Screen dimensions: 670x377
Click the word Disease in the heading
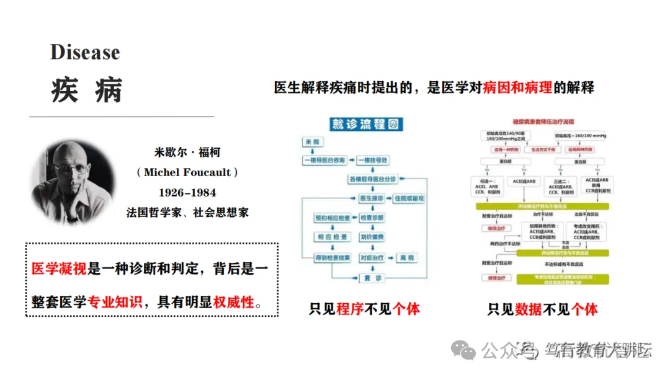(x=85, y=53)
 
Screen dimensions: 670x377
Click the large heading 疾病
(x=86, y=90)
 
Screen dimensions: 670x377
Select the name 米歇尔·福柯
(x=187, y=153)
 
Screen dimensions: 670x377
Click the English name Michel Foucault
(x=187, y=172)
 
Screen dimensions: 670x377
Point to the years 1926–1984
(x=187, y=192)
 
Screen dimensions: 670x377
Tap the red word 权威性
(x=234, y=302)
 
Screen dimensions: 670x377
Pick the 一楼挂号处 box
(x=372, y=161)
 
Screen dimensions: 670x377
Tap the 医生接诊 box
(x=372, y=198)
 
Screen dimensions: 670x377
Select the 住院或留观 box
(x=409, y=198)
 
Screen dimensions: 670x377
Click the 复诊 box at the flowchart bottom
(x=372, y=278)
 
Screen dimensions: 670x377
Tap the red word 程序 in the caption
(x=350, y=308)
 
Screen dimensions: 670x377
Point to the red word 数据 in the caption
(x=528, y=308)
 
